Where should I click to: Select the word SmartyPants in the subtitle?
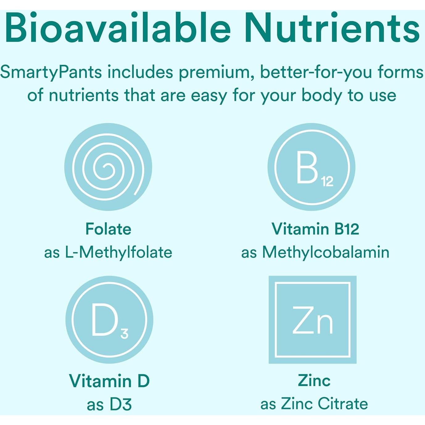(51, 73)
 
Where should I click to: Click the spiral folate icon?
(108, 167)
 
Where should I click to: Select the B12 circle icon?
(312, 167)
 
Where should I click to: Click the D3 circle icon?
(109, 319)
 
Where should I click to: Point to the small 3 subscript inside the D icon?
(124, 333)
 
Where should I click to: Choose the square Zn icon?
(312, 320)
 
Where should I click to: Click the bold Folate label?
(108, 229)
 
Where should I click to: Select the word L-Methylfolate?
(118, 252)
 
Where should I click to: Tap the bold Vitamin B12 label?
(315, 229)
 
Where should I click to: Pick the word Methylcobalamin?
(326, 252)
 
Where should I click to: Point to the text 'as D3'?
(109, 404)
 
